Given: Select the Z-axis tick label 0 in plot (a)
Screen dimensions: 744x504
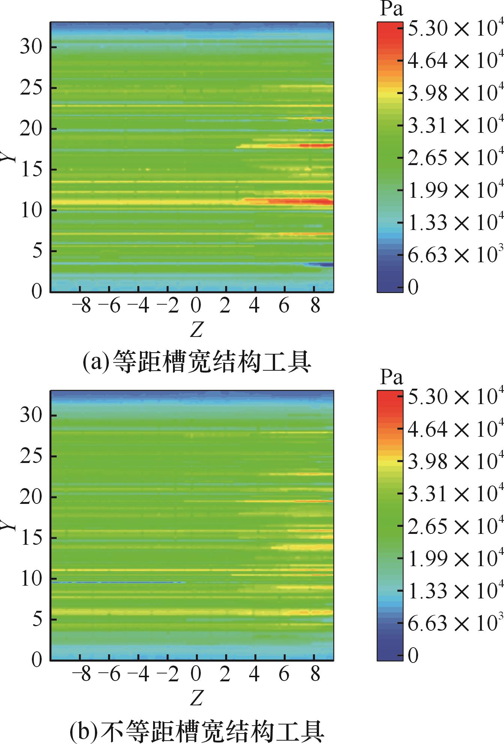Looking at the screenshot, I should pos(196,306).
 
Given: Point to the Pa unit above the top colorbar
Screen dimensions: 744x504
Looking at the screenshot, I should pos(391,9).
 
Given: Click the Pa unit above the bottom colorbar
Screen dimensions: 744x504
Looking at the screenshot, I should pos(391,377).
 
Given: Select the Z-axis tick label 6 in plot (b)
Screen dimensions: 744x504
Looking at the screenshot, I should pos(284,675).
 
